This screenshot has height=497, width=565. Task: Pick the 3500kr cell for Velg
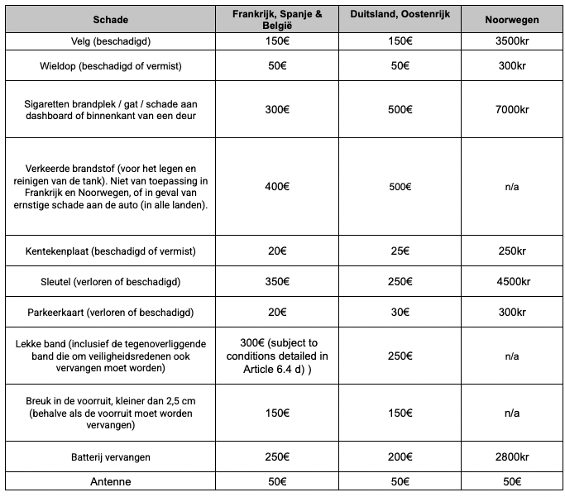coord(512,41)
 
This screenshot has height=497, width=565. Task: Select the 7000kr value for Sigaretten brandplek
coord(512,109)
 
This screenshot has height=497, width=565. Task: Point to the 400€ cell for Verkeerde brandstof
coord(278,186)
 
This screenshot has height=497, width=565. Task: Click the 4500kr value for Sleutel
coord(512,281)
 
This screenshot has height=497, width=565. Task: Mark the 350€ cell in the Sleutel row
coord(278,281)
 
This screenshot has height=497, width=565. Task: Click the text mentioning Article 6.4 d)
coord(278,356)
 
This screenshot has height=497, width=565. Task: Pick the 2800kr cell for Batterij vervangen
coord(512,456)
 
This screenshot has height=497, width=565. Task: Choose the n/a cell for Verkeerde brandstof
coord(512,186)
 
